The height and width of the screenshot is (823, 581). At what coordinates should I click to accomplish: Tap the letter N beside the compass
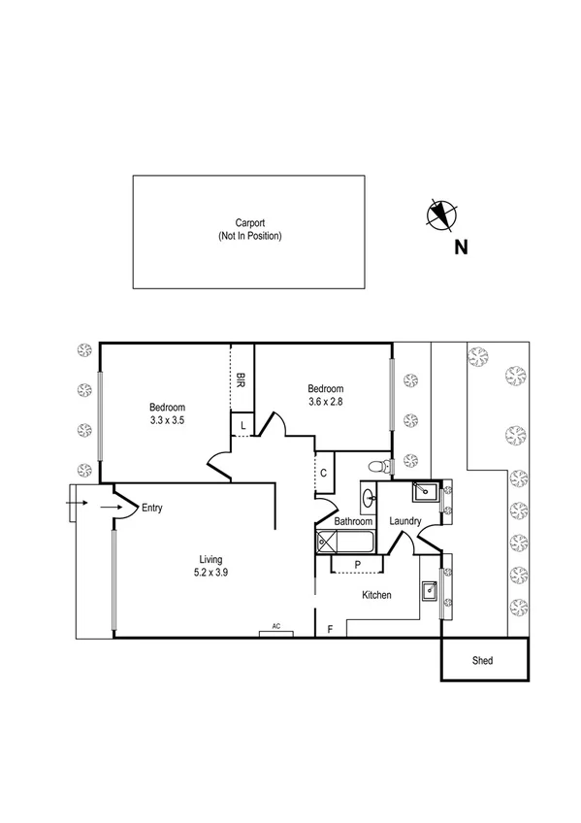[462, 247]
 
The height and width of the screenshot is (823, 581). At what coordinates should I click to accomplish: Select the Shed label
[482, 661]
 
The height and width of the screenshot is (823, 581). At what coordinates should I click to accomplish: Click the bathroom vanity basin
[370, 499]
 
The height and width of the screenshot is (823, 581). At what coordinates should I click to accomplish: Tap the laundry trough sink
[422, 492]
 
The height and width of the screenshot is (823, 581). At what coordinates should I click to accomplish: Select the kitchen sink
[429, 587]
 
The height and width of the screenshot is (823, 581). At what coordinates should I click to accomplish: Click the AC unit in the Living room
[275, 632]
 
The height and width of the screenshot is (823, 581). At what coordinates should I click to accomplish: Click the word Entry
[152, 508]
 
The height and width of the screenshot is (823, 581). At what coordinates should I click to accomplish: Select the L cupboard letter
[241, 426]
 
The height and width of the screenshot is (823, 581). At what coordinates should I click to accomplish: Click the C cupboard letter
[322, 473]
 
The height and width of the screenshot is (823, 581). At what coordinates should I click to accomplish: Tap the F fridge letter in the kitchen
[330, 630]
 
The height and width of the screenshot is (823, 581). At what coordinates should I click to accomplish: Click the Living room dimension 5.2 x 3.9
[211, 573]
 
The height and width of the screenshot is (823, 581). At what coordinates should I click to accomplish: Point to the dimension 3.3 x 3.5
[167, 420]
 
